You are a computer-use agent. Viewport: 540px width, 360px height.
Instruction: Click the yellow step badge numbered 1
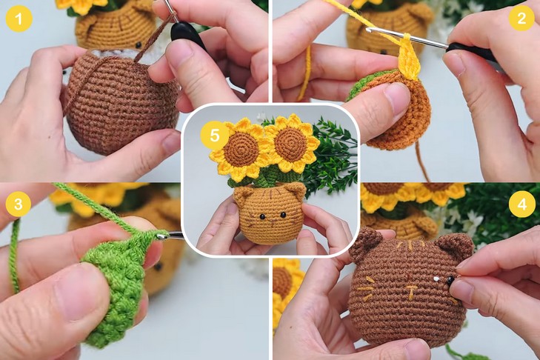tap(19, 19)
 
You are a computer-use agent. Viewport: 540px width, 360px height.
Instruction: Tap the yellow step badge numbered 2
tap(521, 18)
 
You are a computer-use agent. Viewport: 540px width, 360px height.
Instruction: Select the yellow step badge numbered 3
tap(19, 204)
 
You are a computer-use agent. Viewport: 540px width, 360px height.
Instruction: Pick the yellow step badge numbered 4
tap(522, 204)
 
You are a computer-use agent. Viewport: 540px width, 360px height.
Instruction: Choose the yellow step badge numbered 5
tap(215, 136)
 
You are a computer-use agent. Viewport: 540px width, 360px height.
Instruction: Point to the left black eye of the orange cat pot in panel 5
tap(262, 217)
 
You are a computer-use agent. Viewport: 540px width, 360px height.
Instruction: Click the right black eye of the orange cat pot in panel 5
tap(283, 215)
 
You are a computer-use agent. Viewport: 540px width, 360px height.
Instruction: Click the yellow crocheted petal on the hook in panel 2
tap(409, 58)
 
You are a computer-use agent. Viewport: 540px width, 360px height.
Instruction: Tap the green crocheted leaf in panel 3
tap(116, 285)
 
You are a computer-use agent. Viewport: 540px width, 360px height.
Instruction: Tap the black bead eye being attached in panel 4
tap(450, 280)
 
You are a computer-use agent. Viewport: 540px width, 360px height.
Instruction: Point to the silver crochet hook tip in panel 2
tap(370, 30)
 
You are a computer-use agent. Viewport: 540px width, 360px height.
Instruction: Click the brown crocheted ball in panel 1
tap(121, 104)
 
